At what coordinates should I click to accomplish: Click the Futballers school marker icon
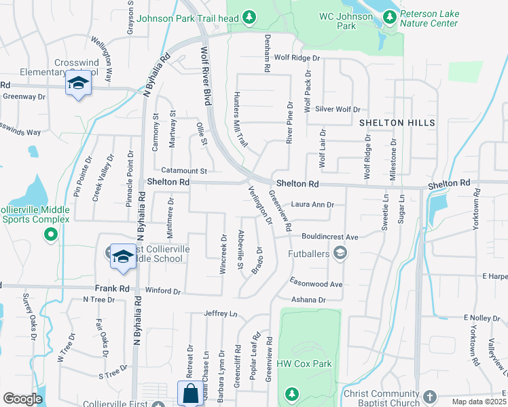point(340,254)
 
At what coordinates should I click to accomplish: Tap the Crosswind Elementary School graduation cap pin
point(78,84)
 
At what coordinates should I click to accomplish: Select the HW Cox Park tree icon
point(291,393)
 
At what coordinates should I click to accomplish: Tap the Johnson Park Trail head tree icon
point(250,16)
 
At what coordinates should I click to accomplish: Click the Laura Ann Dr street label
point(312,204)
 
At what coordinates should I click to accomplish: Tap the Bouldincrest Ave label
point(331,237)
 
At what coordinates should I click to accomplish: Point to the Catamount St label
point(185,170)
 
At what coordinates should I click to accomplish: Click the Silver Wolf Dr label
point(337,109)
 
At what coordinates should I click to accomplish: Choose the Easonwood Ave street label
point(316,284)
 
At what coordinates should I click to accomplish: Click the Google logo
point(22,399)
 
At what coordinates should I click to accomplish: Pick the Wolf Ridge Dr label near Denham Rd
point(292,58)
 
